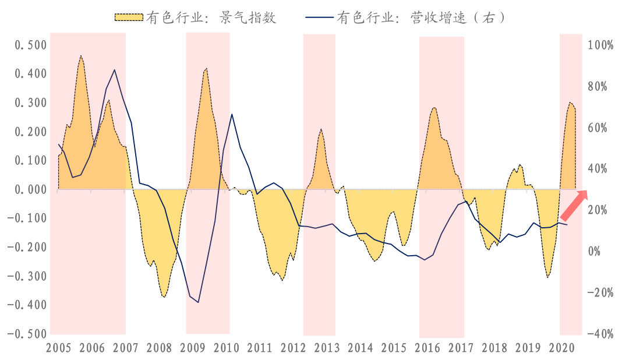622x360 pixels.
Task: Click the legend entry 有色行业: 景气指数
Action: point(195,17)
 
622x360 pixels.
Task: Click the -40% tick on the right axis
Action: point(600,334)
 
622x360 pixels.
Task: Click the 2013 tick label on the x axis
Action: point(326,348)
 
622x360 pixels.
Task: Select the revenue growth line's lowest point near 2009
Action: point(199,302)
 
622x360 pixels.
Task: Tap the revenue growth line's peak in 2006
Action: point(114,70)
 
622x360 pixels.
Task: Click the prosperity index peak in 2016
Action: point(434,107)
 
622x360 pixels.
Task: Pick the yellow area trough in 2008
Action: point(164,297)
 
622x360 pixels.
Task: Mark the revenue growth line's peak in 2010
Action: point(232,114)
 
